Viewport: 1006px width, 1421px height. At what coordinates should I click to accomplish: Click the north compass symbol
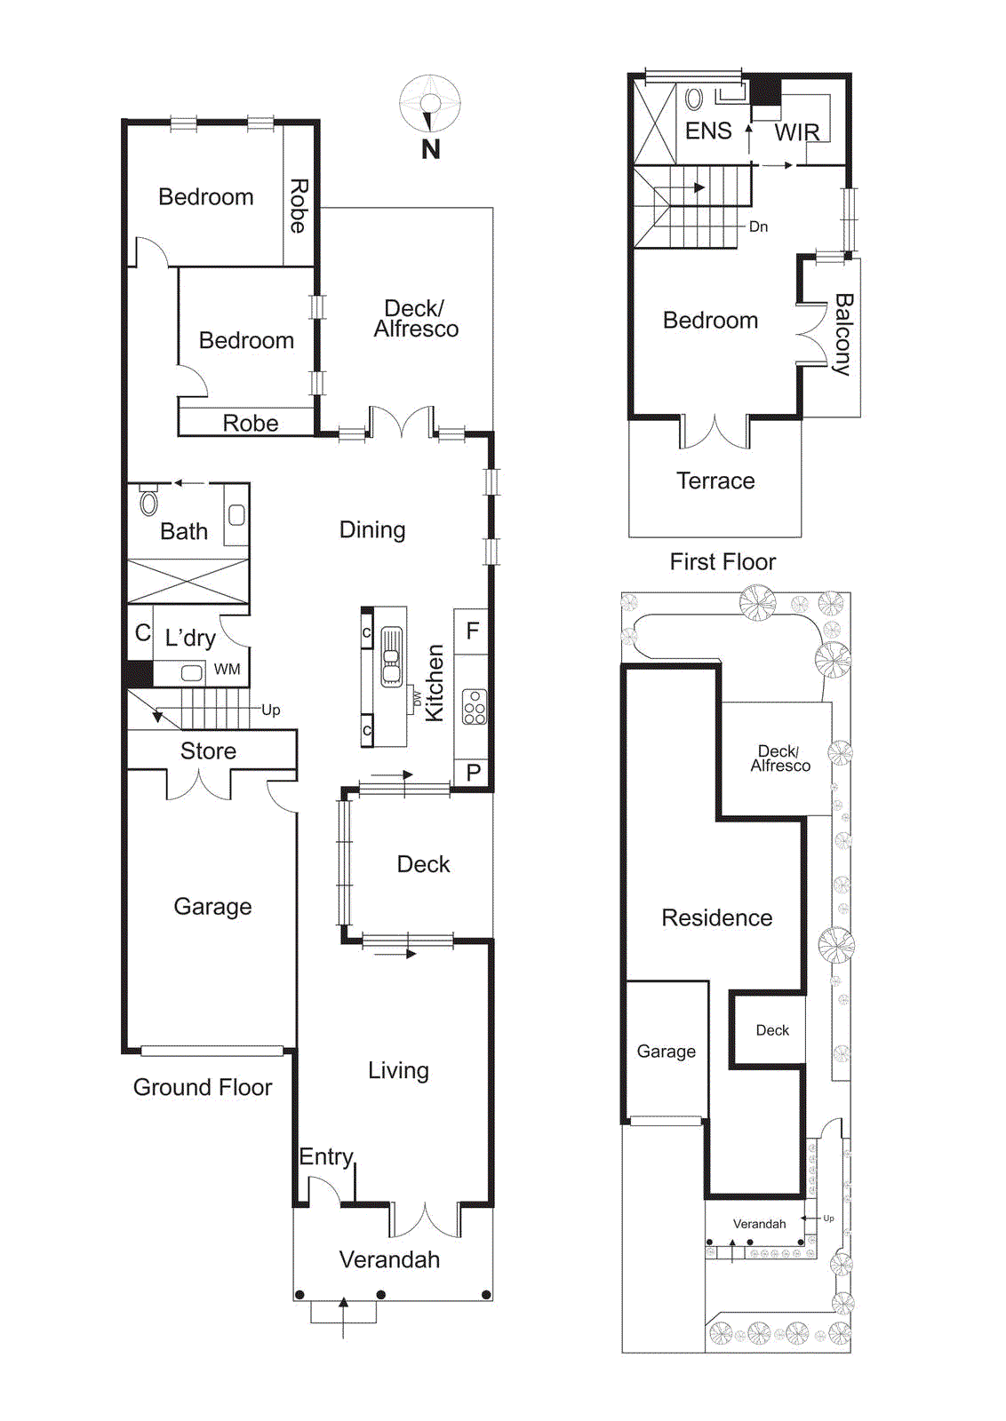pyautogui.click(x=430, y=105)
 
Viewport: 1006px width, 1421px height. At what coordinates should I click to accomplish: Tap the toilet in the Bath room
pyautogui.click(x=148, y=502)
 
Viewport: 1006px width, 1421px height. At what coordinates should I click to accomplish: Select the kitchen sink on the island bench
pyautogui.click(x=391, y=657)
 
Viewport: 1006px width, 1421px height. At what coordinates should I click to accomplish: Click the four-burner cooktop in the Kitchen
pyautogui.click(x=475, y=708)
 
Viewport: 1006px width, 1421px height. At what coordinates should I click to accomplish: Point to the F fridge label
pyautogui.click(x=473, y=631)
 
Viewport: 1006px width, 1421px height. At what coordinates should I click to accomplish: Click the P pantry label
pyautogui.click(x=473, y=773)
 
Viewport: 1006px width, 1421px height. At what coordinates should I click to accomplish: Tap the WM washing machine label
pyautogui.click(x=227, y=670)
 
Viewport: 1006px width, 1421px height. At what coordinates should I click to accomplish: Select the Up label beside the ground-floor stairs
pyautogui.click(x=271, y=710)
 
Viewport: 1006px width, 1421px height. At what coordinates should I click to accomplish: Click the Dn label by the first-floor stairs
pyautogui.click(x=758, y=226)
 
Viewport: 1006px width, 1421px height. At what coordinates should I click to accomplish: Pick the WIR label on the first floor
pyautogui.click(x=796, y=132)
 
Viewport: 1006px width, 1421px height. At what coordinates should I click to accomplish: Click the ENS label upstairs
pyautogui.click(x=708, y=131)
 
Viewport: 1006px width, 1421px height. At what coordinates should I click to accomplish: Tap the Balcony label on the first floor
pyautogui.click(x=842, y=335)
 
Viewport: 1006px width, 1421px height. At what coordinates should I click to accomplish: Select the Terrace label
pyautogui.click(x=715, y=480)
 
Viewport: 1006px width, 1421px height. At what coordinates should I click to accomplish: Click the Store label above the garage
pyautogui.click(x=208, y=750)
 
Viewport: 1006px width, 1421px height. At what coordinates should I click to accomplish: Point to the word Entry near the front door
pyautogui.click(x=326, y=1156)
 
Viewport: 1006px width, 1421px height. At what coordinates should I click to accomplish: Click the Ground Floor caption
pyautogui.click(x=203, y=1087)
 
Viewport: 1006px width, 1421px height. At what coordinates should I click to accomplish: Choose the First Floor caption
pyautogui.click(x=723, y=561)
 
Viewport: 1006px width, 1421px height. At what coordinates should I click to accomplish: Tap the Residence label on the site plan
pyautogui.click(x=716, y=917)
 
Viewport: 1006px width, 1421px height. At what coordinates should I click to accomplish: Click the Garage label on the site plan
pyautogui.click(x=666, y=1052)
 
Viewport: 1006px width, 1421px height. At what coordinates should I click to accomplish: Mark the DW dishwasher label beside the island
pyautogui.click(x=416, y=699)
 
